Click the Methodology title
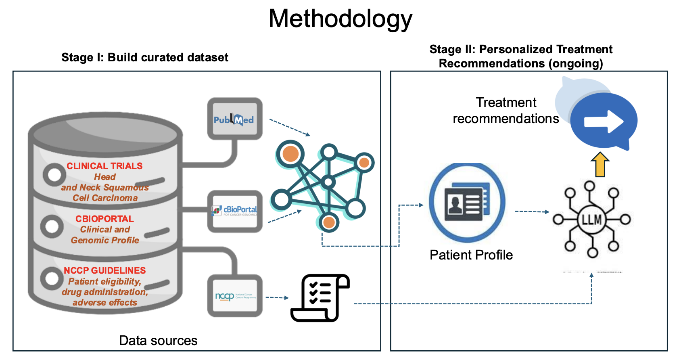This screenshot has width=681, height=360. (340, 19)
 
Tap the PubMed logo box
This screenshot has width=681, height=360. (234, 119)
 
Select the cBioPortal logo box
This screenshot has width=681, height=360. (235, 211)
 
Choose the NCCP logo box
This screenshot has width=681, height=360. (235, 296)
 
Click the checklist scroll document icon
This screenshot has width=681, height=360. (320, 298)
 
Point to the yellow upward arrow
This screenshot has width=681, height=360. (600, 164)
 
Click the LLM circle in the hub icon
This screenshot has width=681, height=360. (591, 220)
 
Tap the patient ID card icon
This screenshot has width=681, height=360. (467, 202)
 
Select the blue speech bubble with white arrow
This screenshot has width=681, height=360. (604, 121)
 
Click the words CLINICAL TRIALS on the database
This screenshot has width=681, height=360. (104, 166)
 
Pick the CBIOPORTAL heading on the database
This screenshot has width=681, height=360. (104, 219)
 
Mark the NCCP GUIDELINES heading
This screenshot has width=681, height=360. (104, 270)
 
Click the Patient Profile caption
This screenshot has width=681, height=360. (471, 255)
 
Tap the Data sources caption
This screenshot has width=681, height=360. (158, 341)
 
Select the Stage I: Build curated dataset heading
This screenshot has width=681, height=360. (145, 57)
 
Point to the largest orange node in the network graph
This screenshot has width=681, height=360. (290, 154)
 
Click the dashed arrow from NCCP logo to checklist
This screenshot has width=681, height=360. (277, 298)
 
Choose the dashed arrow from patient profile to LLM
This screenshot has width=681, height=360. (532, 211)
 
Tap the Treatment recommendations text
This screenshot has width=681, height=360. (506, 111)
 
